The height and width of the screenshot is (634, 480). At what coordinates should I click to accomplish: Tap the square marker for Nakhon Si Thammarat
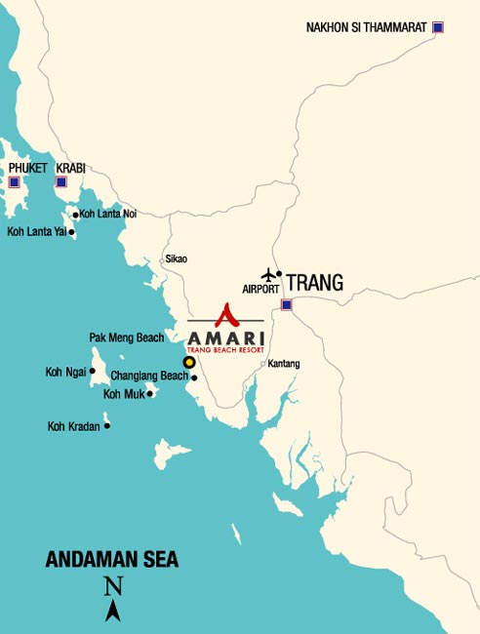438,27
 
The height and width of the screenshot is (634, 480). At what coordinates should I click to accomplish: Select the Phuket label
27,168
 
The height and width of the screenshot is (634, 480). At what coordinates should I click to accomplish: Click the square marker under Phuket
14,181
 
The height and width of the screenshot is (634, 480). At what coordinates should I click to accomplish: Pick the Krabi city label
70,168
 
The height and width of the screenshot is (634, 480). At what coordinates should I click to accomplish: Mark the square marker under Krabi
60,181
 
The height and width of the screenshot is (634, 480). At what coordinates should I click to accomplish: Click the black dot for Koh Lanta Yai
71,232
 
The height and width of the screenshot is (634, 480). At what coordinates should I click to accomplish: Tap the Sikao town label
176,259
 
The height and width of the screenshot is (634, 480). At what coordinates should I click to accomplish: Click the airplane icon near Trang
268,275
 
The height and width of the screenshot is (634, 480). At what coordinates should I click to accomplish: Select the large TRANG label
315,283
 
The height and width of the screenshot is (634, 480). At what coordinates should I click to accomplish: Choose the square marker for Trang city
286,305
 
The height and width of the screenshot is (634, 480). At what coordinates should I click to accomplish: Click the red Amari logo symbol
225,314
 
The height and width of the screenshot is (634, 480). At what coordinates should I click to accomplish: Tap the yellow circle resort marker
189,362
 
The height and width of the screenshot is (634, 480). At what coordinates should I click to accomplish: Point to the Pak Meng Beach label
126,337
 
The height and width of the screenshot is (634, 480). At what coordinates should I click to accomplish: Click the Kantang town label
283,364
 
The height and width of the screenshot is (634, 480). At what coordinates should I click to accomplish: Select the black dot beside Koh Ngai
93,371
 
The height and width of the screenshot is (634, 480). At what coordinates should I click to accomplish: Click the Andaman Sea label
112,560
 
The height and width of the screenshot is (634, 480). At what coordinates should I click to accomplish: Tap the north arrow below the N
113,611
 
